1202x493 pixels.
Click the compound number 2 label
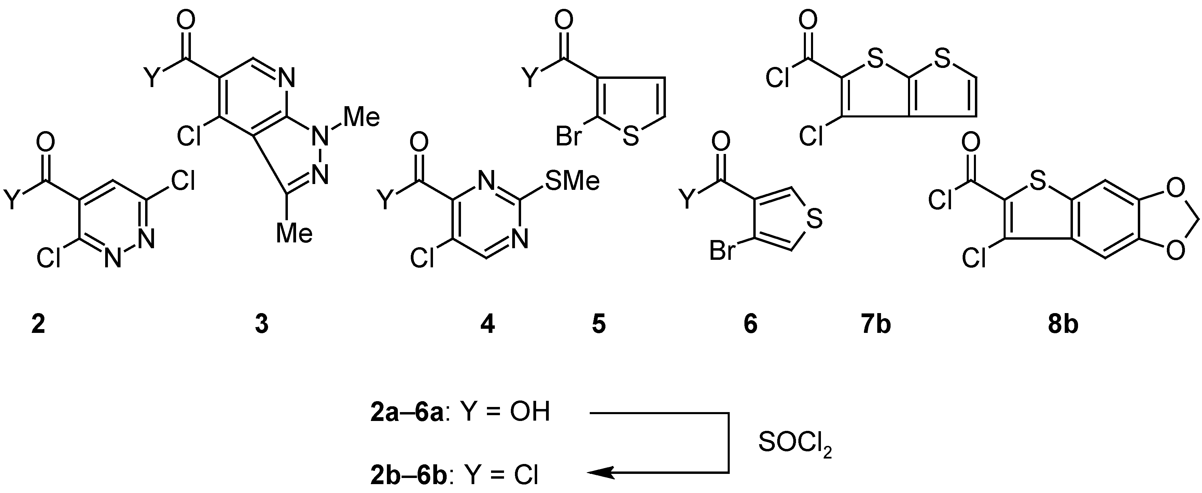(x=38, y=324)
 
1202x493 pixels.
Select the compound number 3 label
(x=262, y=324)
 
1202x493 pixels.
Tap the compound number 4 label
(x=488, y=324)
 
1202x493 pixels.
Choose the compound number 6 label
(x=750, y=324)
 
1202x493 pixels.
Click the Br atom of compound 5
(x=568, y=138)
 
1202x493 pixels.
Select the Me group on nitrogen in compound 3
(x=362, y=117)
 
